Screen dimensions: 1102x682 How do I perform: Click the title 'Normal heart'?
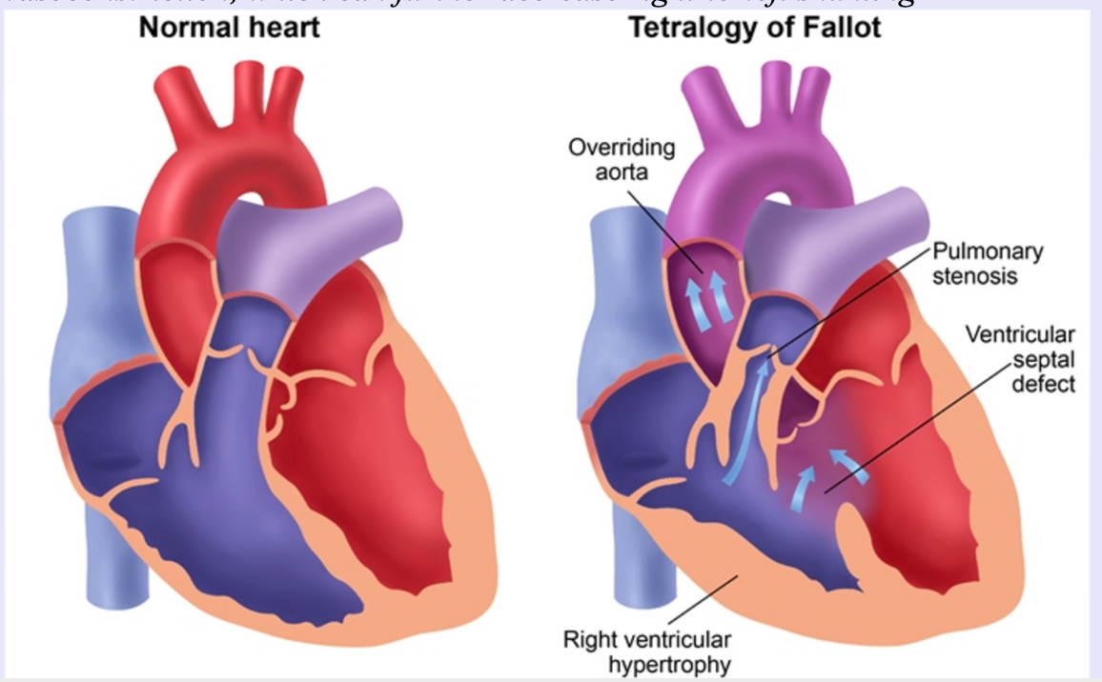[229, 28]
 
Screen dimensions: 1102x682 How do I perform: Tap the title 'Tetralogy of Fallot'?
[754, 28]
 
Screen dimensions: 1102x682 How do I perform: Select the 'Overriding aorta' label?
[622, 161]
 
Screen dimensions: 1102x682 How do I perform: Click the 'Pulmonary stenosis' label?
[986, 264]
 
